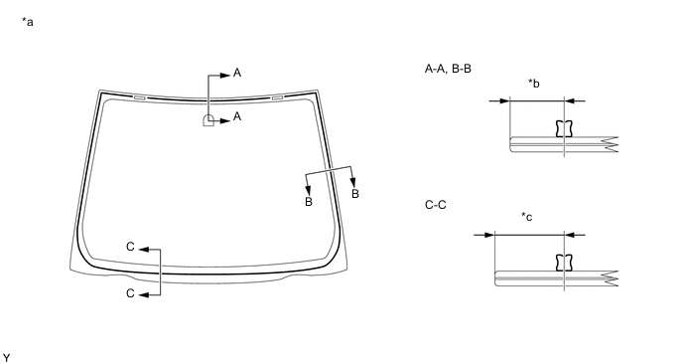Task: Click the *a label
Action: pos(28,21)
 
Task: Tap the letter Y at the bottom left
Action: pos(7,355)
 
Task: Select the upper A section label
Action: pos(237,73)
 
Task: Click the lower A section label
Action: pos(237,117)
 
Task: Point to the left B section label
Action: pos(308,202)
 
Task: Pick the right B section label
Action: pos(355,193)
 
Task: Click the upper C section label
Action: pos(129,246)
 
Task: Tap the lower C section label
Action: pos(129,293)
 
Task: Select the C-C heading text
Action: pos(436,205)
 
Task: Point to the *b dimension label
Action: pos(534,83)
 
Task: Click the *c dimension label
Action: pos(527,217)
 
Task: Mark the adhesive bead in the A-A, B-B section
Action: pos(564,127)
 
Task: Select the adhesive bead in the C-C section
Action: pos(564,262)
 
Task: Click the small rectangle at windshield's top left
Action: pos(140,97)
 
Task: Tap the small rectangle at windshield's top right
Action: pos(278,97)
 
